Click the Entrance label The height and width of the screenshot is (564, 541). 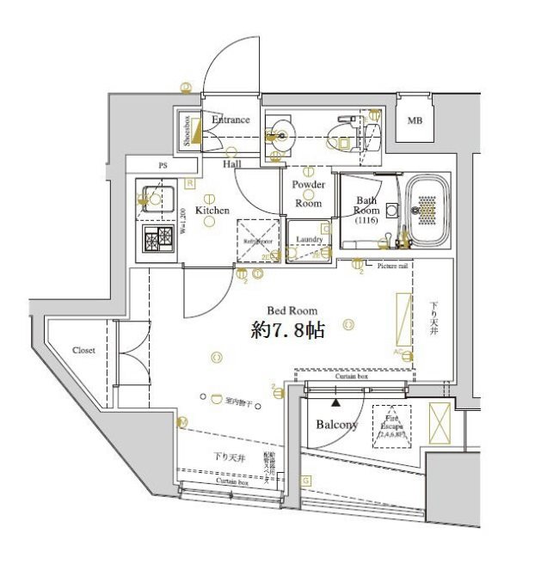click(231, 120)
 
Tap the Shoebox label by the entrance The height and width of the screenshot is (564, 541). click(186, 131)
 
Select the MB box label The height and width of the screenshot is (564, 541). click(414, 120)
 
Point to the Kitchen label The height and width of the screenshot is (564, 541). click(212, 210)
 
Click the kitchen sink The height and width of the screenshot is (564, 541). click(156, 199)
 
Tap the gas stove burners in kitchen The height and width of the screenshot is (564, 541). click(157, 240)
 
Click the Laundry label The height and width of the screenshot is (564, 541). click(309, 239)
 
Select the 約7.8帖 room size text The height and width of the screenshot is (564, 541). click(287, 329)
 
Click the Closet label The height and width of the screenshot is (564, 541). click(83, 351)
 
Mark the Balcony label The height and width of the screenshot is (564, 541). click(336, 425)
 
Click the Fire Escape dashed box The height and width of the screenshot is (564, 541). click(391, 426)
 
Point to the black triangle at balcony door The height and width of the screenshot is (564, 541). click(337, 402)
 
